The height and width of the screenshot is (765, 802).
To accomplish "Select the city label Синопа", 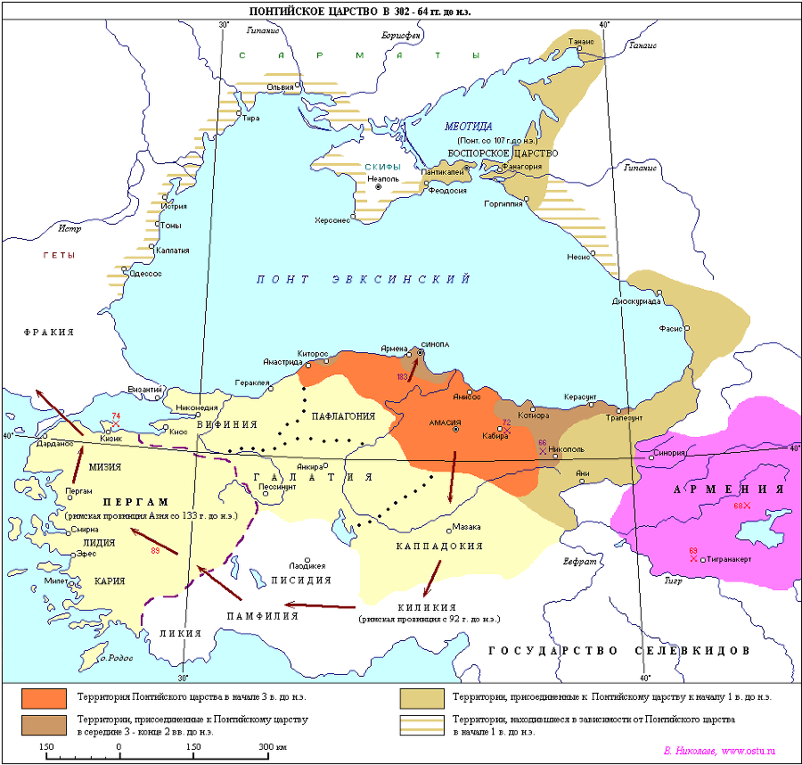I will click(435, 345).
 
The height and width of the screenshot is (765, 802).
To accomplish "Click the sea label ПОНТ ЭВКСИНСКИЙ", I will click(364, 279).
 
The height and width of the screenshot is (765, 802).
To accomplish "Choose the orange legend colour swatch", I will click(45, 696).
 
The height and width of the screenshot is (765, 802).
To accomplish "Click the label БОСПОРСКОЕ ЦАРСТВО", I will click(503, 153).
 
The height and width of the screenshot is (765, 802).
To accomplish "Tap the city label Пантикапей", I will click(443, 171).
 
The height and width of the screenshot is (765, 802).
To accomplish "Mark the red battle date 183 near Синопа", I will click(403, 378).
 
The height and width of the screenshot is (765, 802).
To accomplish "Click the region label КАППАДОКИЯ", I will click(440, 546).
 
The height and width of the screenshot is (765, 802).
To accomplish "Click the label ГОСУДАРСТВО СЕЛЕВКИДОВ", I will click(618, 651).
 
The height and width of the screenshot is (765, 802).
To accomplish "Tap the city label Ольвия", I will click(281, 87).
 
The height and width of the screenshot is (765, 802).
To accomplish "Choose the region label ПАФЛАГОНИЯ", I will click(343, 416).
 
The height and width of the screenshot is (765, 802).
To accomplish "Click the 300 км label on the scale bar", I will click(273, 745).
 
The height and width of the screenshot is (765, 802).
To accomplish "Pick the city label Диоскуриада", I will click(636, 301).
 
